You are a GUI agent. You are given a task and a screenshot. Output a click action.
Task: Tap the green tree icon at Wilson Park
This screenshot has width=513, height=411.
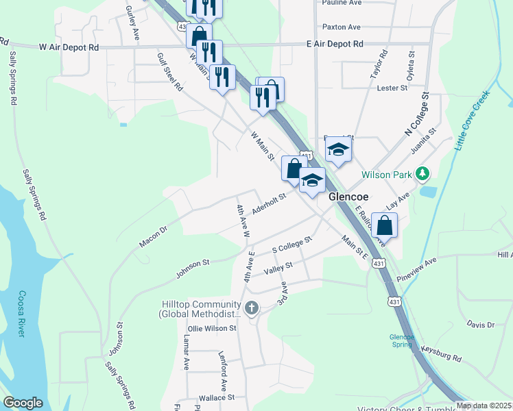(424, 174)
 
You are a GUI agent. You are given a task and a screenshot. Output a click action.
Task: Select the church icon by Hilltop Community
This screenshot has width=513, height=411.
(252, 308)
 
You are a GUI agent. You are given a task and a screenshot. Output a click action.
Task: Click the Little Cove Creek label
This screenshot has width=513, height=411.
(472, 121)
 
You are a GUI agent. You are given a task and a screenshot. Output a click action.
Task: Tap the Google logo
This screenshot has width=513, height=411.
(23, 403)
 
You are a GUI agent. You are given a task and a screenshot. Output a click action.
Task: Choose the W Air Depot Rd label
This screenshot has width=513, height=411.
(69, 48)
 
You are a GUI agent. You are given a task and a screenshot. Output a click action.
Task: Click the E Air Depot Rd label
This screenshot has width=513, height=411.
(335, 44)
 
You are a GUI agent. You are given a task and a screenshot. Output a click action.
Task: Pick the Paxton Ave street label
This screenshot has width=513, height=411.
(341, 27)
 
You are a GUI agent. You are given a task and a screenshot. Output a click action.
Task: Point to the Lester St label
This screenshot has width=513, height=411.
(392, 88)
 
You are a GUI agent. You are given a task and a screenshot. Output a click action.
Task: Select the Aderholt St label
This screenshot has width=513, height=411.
(268, 203)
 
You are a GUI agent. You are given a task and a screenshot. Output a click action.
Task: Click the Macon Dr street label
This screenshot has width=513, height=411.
(154, 234)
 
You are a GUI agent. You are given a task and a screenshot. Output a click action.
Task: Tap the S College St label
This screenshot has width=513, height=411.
(291, 244)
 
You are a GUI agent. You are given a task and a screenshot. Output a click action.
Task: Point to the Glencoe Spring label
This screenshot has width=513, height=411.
(402, 340)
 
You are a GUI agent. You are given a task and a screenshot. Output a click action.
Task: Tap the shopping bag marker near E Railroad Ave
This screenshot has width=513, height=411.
(385, 225)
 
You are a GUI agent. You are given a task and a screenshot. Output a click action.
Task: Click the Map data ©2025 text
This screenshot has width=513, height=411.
(484, 406)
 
